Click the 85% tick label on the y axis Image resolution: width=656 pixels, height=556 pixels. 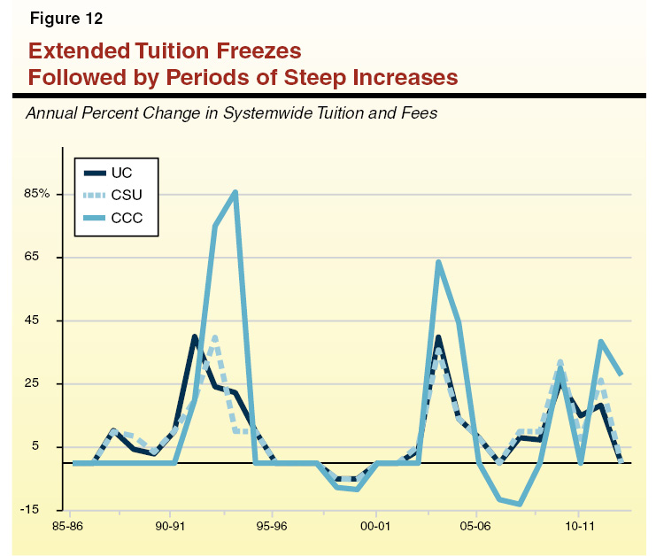click(x=46, y=194)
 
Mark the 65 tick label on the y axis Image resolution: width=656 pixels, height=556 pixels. click(x=51, y=257)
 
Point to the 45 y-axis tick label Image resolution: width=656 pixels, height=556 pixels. click(x=51, y=320)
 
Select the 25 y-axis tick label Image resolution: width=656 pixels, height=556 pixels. click(x=51, y=383)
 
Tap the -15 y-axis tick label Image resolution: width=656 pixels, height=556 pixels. click(x=49, y=509)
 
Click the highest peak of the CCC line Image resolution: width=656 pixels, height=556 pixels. click(x=235, y=192)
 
